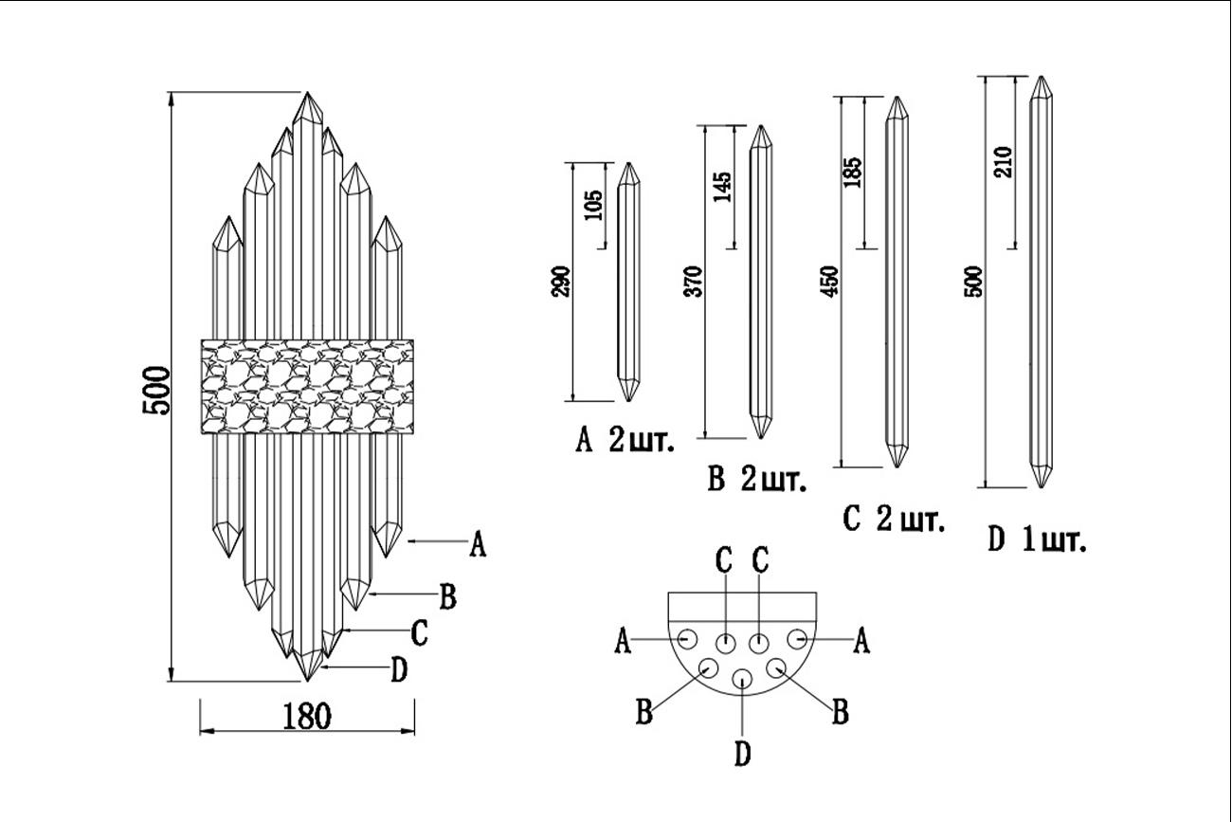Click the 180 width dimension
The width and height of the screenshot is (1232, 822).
tap(307, 716)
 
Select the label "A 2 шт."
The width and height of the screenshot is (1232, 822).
tap(625, 441)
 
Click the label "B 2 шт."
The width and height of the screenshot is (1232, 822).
tap(756, 481)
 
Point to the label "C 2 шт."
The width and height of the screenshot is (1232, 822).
tap(893, 520)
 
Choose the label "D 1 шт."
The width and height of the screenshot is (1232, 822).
tap(1036, 540)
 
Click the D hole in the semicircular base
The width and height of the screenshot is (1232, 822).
tap(743, 679)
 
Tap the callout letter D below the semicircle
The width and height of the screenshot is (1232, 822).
tap(742, 755)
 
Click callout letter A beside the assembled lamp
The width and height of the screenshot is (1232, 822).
tap(478, 545)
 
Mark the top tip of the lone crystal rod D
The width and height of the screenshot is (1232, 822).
tap(1042, 78)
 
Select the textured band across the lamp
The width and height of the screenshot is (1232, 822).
tap(308, 386)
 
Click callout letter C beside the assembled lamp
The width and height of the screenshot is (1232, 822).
tap(419, 632)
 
